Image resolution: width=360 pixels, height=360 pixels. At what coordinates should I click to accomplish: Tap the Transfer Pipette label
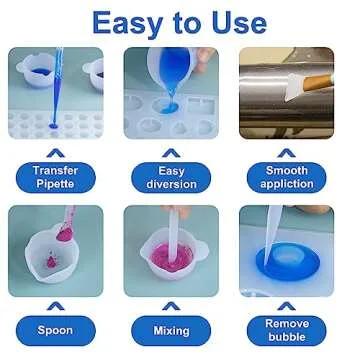pos(55,177)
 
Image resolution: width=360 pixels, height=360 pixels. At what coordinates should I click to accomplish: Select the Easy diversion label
pos(172,177)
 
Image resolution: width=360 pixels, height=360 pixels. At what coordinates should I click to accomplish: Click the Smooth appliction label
pos(288,177)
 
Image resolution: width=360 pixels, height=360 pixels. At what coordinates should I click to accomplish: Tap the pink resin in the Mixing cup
pos(172,265)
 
